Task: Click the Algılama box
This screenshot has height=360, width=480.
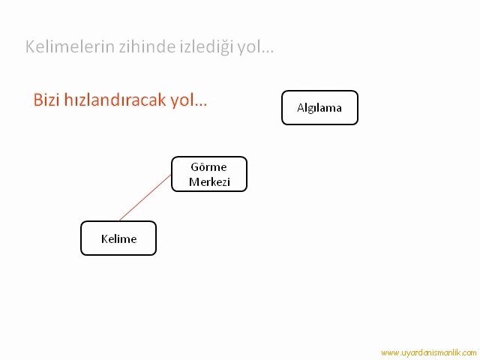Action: click(x=319, y=107)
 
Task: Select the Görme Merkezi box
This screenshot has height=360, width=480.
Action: click(x=209, y=174)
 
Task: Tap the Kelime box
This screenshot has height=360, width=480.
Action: click(x=118, y=238)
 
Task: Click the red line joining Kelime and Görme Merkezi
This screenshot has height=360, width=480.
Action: click(x=145, y=197)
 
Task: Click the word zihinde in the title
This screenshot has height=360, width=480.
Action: click(x=147, y=46)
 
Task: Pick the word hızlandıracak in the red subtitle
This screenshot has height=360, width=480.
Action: click(x=115, y=100)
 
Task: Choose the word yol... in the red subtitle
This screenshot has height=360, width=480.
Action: click(x=188, y=100)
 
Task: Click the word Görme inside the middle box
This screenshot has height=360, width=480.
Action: click(x=208, y=166)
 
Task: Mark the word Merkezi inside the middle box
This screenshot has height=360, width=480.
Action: click(x=209, y=181)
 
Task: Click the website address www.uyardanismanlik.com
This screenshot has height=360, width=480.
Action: click(x=428, y=353)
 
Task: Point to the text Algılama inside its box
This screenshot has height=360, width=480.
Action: click(x=319, y=108)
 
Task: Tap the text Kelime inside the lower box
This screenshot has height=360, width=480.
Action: click(x=118, y=238)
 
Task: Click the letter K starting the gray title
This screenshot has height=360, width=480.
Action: click(x=30, y=46)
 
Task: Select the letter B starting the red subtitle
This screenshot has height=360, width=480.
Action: click(x=37, y=100)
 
